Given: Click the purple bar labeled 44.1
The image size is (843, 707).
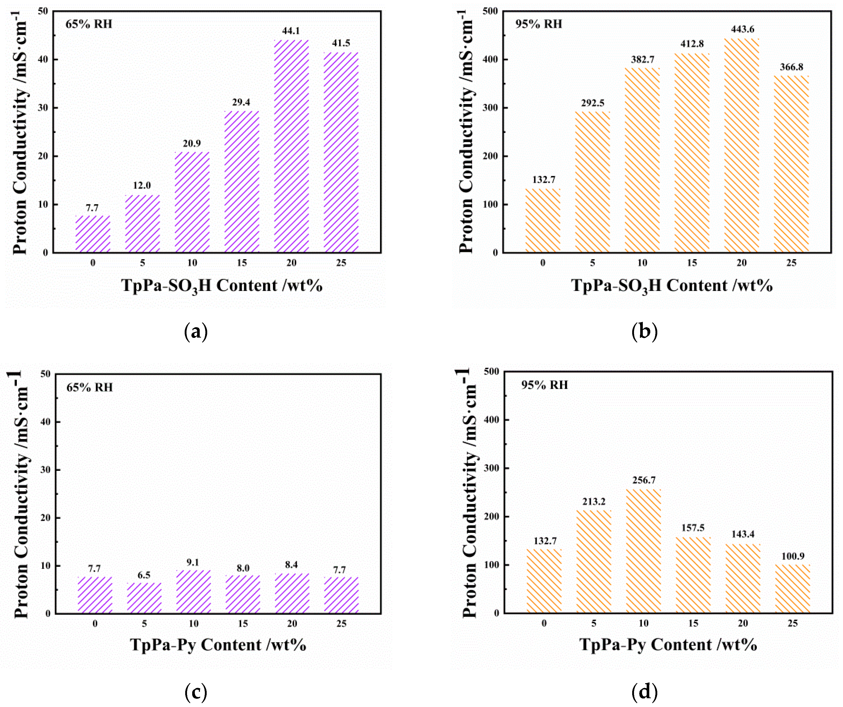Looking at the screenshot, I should point(292,146).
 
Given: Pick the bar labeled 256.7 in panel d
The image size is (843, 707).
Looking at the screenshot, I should point(644,551).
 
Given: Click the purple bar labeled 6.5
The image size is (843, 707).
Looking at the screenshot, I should point(144,598).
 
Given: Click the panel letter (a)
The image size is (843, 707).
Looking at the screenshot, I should point(196,332).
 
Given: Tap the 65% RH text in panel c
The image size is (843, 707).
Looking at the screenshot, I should point(89,388).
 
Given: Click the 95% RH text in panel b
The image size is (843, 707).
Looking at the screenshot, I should point(539,24).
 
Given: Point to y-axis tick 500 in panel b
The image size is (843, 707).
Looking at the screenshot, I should point(490,11).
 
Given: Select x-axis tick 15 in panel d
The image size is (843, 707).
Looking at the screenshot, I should point(693,623).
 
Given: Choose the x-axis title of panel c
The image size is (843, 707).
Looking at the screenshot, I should point(218,645).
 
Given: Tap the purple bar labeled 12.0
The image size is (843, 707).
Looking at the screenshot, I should point(143,224).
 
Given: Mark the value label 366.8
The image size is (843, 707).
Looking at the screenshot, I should point(791,67).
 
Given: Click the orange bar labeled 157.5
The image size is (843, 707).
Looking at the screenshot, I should point(693,575).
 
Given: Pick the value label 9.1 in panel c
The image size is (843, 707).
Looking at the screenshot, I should point(193,562).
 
